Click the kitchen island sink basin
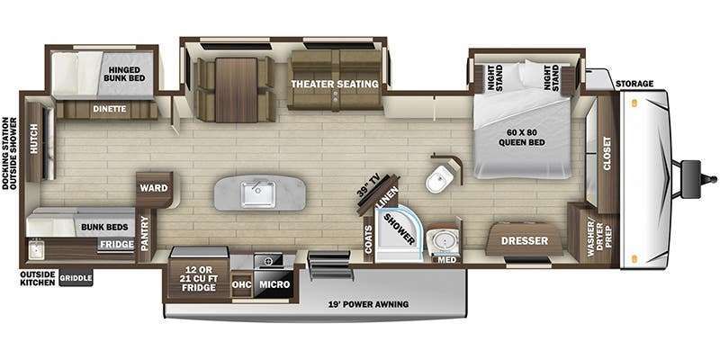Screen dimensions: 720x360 [x=258, y=193]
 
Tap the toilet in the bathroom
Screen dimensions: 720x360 [x=439, y=178]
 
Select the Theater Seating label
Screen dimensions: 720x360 [x=335, y=84]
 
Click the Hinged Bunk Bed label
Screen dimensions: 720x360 [x=124, y=74]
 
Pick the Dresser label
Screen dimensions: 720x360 [x=525, y=240]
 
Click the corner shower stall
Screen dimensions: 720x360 [x=398, y=234]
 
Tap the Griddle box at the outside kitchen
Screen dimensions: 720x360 [x=76, y=278]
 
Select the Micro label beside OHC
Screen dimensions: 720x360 [x=274, y=284]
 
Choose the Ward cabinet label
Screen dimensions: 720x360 [x=153, y=188]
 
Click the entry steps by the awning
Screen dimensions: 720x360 [x=330, y=265]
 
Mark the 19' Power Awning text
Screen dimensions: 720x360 [x=369, y=304]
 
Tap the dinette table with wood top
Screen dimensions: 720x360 [x=236, y=90]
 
